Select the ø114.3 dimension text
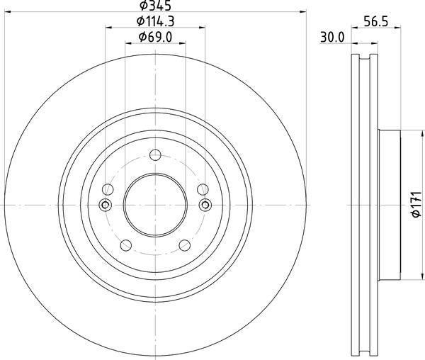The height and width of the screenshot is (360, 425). [156, 22]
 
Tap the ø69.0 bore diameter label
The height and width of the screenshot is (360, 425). [156, 37]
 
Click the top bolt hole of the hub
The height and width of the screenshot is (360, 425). [156, 154]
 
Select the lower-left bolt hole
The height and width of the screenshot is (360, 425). [126, 245]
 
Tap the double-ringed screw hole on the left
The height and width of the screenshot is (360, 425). [106, 205]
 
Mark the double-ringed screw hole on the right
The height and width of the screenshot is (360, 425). [205, 205]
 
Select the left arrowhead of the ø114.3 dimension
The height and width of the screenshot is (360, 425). [108, 28]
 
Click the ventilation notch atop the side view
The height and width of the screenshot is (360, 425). [365, 58]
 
